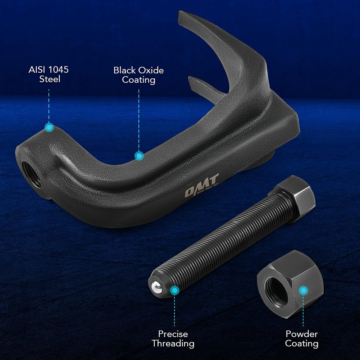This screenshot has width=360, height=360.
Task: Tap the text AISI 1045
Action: [x=48, y=69]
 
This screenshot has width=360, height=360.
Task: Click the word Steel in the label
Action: [x=50, y=79]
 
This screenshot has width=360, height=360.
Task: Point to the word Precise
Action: [x=173, y=334]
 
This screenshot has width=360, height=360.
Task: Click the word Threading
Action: [x=173, y=343]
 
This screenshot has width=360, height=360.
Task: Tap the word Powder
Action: [x=301, y=334]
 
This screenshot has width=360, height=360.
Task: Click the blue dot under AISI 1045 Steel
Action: [x=49, y=127]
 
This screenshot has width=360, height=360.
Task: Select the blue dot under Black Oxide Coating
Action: [x=139, y=156]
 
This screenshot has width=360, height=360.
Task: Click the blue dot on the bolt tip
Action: [x=174, y=290]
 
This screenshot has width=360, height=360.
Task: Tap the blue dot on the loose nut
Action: [x=304, y=290]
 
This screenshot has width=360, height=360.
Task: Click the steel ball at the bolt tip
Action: [x=155, y=286]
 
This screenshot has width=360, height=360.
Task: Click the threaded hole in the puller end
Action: [x=31, y=174]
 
